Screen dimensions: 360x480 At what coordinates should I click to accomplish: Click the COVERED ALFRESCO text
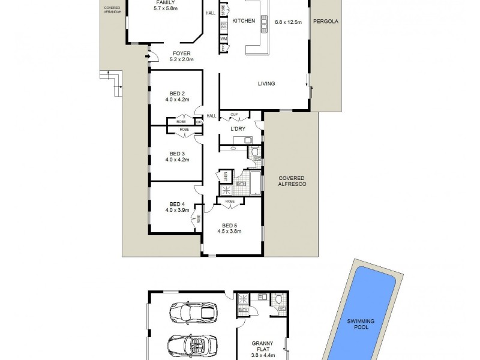pos(292,181)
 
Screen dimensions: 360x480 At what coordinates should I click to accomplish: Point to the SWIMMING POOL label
pos(361,324)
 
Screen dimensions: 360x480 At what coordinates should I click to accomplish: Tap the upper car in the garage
pos(193,312)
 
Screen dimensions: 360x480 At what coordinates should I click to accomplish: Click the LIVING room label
pos(266,84)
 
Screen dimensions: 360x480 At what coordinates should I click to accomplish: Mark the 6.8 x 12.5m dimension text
pos(288,22)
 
